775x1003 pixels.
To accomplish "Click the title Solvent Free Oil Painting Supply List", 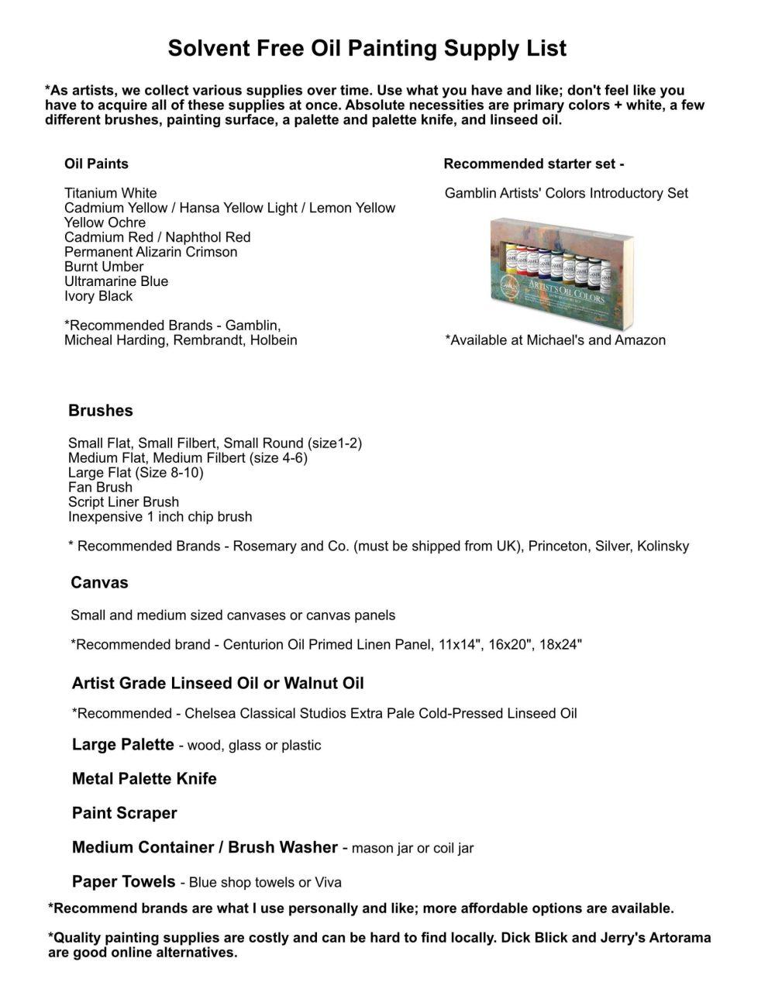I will point(367,49).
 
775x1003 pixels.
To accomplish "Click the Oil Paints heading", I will point(96,164).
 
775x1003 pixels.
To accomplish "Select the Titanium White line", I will point(110,193).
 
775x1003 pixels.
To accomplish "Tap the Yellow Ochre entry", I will point(105,222).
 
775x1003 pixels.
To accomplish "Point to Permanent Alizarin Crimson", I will point(150,252).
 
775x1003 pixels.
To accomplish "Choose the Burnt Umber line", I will point(104,267).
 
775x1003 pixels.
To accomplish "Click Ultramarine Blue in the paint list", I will point(116,281).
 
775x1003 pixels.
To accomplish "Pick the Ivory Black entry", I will point(98,296).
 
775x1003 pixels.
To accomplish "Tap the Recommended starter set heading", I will point(534,164).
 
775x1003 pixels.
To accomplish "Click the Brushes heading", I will point(100,411).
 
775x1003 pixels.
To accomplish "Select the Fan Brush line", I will point(100,488).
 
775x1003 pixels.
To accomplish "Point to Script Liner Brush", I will point(123,502).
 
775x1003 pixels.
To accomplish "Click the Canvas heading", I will point(99,583).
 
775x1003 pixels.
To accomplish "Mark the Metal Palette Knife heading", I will point(144,779).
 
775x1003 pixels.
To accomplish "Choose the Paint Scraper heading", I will point(124,813).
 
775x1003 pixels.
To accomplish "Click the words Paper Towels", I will point(123,881).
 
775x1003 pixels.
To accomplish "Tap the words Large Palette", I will point(122,745).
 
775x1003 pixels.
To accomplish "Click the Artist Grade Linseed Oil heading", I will point(218,684).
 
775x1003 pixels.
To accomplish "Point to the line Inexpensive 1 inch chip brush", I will point(160,517).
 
